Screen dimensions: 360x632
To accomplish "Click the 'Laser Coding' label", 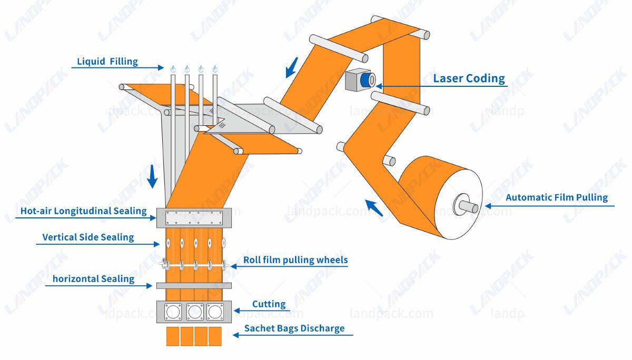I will pos(469,79).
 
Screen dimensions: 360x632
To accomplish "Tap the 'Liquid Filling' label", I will pos(107,62).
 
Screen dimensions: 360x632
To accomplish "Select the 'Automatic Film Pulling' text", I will pos(557,198).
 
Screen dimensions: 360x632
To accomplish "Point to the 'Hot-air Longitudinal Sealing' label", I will pos(83,211).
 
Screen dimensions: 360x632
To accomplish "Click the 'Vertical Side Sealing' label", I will pos(88,237).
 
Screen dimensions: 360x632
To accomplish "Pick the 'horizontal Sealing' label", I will pos(93,278).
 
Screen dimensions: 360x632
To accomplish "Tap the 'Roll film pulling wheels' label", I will pos(295,260).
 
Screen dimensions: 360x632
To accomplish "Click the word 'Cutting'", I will pos(269,304).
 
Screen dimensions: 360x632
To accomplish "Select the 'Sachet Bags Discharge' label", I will pos(294,328).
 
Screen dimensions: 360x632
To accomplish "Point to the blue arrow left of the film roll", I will pos(374,207).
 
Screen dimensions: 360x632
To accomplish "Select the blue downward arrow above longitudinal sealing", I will pos(152,176).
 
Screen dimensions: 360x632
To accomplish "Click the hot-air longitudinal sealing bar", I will pos(194,216).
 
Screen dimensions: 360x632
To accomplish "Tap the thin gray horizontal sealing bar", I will pos(194,285).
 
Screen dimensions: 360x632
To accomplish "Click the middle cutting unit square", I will pos(194,312).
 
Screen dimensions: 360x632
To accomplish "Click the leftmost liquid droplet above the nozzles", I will pos(173,68).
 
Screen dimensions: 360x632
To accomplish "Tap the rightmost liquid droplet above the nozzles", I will pos(214,68).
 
